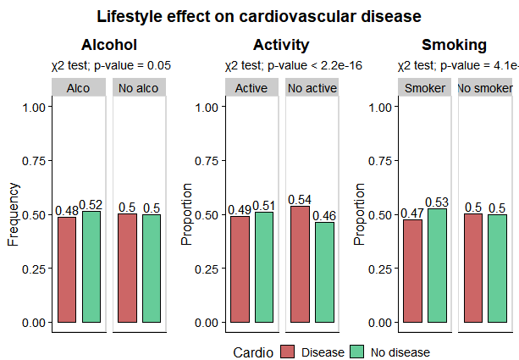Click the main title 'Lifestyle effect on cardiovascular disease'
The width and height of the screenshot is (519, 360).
pos(259,16)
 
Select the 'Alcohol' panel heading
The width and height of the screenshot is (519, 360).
pos(108,45)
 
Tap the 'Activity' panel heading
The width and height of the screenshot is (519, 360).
pos(281,45)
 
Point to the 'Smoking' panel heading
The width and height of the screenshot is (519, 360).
pos(454,45)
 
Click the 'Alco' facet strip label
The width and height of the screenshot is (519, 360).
pos(79,88)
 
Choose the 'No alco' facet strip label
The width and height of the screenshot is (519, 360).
pos(139,88)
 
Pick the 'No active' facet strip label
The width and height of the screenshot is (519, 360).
pos(312,88)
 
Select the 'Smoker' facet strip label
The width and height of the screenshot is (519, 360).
pos(425,88)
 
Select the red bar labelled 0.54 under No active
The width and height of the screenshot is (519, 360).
pos(300,263)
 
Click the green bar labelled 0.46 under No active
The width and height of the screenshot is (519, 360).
pos(324,272)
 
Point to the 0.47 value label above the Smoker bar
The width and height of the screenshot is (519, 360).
pos(412,213)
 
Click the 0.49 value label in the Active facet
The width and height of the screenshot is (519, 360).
pos(240,209)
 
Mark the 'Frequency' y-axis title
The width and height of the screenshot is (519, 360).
pos(14,214)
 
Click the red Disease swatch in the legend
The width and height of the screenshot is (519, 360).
pos(289,352)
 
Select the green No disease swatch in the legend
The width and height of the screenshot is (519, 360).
pos(357,352)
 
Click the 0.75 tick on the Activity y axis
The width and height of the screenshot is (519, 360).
pos(208,161)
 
